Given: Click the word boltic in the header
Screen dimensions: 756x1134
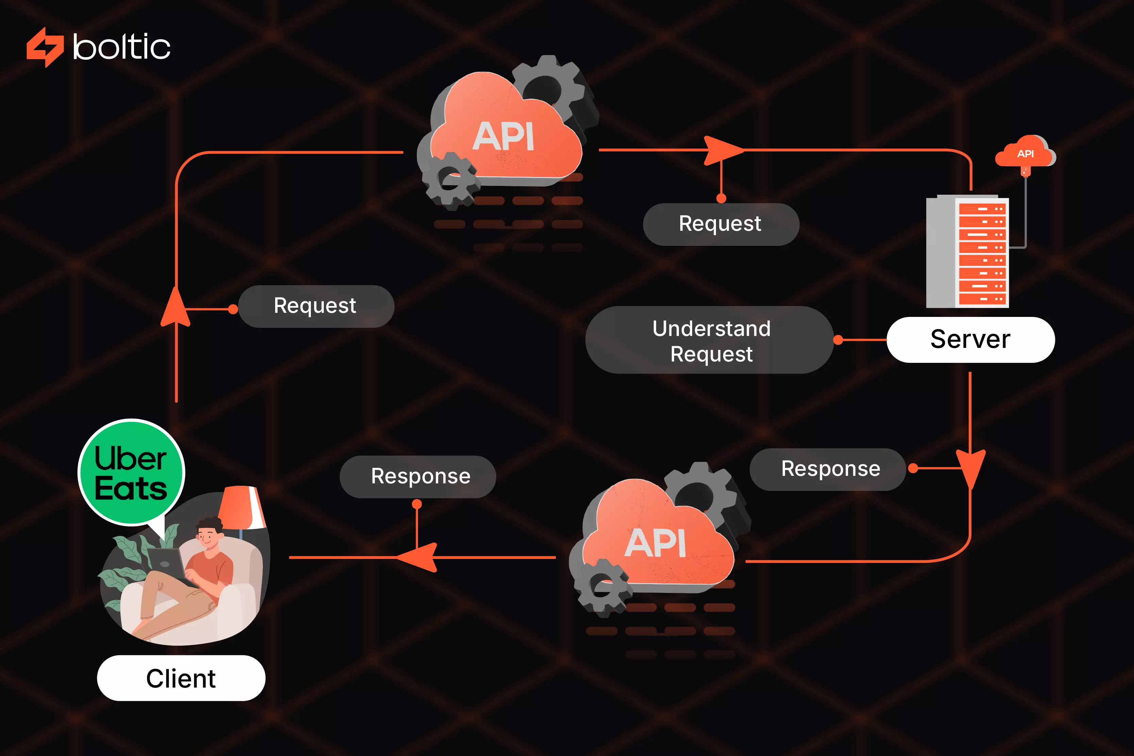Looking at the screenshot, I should pyautogui.click(x=121, y=47).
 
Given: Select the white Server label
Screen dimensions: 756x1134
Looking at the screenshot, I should pyautogui.click(x=970, y=339).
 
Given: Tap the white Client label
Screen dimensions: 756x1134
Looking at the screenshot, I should pyautogui.click(x=181, y=678).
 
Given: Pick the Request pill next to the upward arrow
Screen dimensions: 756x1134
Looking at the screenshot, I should pyautogui.click(x=316, y=306).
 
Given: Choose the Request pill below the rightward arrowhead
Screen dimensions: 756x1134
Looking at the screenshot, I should pyautogui.click(x=721, y=224).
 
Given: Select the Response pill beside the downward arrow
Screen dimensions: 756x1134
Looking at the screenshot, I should pyautogui.click(x=828, y=469).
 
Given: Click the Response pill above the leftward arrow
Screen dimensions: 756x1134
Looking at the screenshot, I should pyautogui.click(x=418, y=476).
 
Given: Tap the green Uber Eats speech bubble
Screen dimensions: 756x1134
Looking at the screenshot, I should pyautogui.click(x=131, y=472).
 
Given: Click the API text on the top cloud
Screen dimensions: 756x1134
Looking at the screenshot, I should pyautogui.click(x=503, y=136).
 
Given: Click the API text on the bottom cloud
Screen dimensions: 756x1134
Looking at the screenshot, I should pyautogui.click(x=655, y=543).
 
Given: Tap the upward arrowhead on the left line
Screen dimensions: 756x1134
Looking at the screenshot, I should pyautogui.click(x=176, y=309).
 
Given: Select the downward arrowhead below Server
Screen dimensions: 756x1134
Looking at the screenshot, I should pyautogui.click(x=970, y=468).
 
